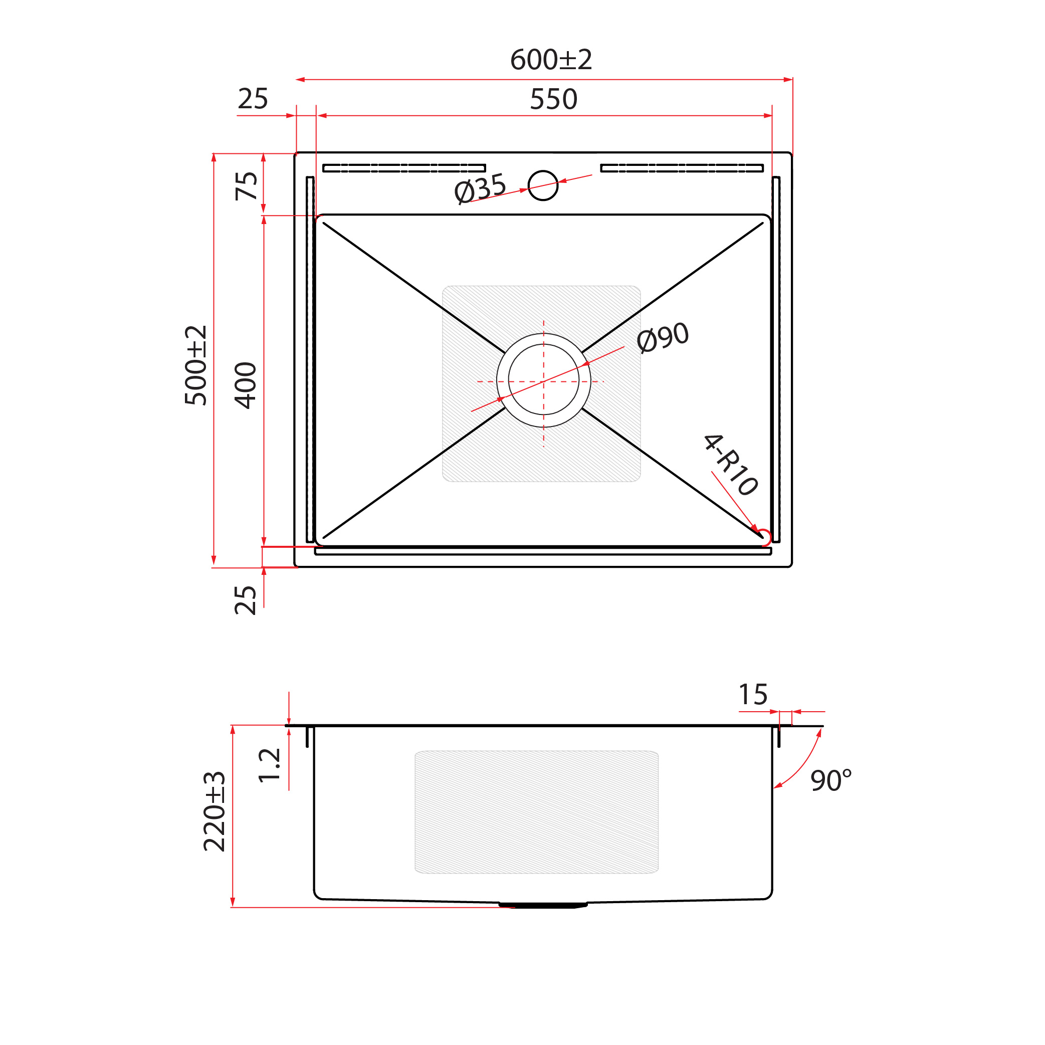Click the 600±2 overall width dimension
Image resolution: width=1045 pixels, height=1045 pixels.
point(551,60)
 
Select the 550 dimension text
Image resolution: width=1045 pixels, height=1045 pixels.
point(553,100)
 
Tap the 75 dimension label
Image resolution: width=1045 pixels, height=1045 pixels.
point(247,185)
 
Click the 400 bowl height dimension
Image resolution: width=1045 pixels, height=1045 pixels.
point(246,385)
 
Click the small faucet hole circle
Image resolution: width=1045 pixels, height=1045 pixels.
point(542,185)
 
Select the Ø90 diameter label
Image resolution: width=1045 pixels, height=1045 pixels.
point(663,337)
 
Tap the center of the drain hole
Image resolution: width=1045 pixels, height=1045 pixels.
point(544,381)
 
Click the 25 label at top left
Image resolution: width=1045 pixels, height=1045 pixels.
point(253,99)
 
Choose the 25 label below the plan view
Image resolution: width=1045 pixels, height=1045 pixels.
point(246,600)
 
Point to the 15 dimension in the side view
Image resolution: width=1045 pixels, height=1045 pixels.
point(753,695)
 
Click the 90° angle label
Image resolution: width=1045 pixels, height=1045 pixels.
point(831,780)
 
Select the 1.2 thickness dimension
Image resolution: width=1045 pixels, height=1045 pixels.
point(269,765)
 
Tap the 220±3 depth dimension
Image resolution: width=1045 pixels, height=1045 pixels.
point(214,811)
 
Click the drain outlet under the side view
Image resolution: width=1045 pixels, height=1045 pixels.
point(542,904)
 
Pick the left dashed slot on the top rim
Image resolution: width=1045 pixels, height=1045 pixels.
point(404,168)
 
